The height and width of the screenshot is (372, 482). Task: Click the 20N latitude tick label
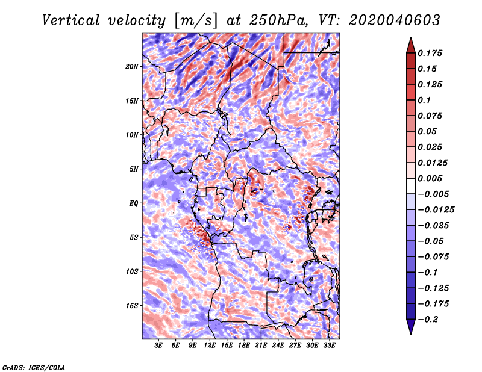131,67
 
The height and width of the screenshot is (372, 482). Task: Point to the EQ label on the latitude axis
133,203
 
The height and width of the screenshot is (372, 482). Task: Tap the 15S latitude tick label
132,306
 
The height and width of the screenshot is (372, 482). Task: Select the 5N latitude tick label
134,169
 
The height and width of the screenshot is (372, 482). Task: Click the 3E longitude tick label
158,346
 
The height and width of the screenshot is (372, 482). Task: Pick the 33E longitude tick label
329,346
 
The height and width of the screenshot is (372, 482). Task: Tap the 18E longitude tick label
244,346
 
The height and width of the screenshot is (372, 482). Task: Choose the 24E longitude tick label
278,346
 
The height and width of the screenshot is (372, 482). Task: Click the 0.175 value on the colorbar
430,53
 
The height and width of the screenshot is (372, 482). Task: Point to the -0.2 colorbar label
428,320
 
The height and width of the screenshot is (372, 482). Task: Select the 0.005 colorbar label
430,178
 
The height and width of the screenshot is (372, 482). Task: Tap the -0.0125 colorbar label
436,210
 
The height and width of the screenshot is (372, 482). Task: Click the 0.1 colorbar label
424,100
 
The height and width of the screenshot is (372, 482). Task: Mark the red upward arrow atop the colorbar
411,45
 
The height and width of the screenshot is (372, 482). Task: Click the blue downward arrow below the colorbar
411,327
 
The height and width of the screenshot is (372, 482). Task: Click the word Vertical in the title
71,20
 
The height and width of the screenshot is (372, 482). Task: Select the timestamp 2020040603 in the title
395,20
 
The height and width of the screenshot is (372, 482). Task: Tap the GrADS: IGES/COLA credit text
34,367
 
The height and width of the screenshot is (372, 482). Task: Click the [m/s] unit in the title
196,20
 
